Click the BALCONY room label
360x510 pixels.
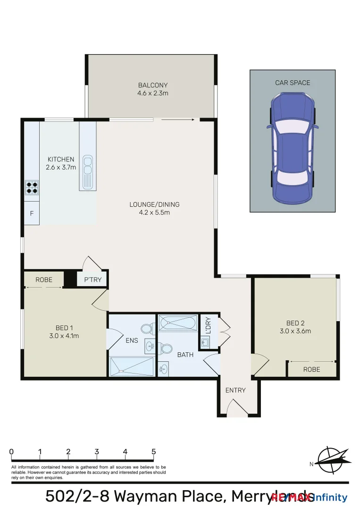[153, 85]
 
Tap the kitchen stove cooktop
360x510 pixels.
[32, 187]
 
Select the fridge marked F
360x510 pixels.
[32, 213]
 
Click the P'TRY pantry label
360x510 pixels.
[92, 280]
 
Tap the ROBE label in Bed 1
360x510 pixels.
[44, 280]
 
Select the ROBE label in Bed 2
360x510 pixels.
[311, 370]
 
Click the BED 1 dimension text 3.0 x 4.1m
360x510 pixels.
[64, 336]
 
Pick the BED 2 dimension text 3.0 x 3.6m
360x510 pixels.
[295, 331]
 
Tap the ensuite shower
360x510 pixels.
[132, 366]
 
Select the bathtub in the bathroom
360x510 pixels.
[177, 323]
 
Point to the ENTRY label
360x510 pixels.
[235, 390]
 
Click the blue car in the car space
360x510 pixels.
[292, 147]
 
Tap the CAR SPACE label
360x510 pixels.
[293, 83]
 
